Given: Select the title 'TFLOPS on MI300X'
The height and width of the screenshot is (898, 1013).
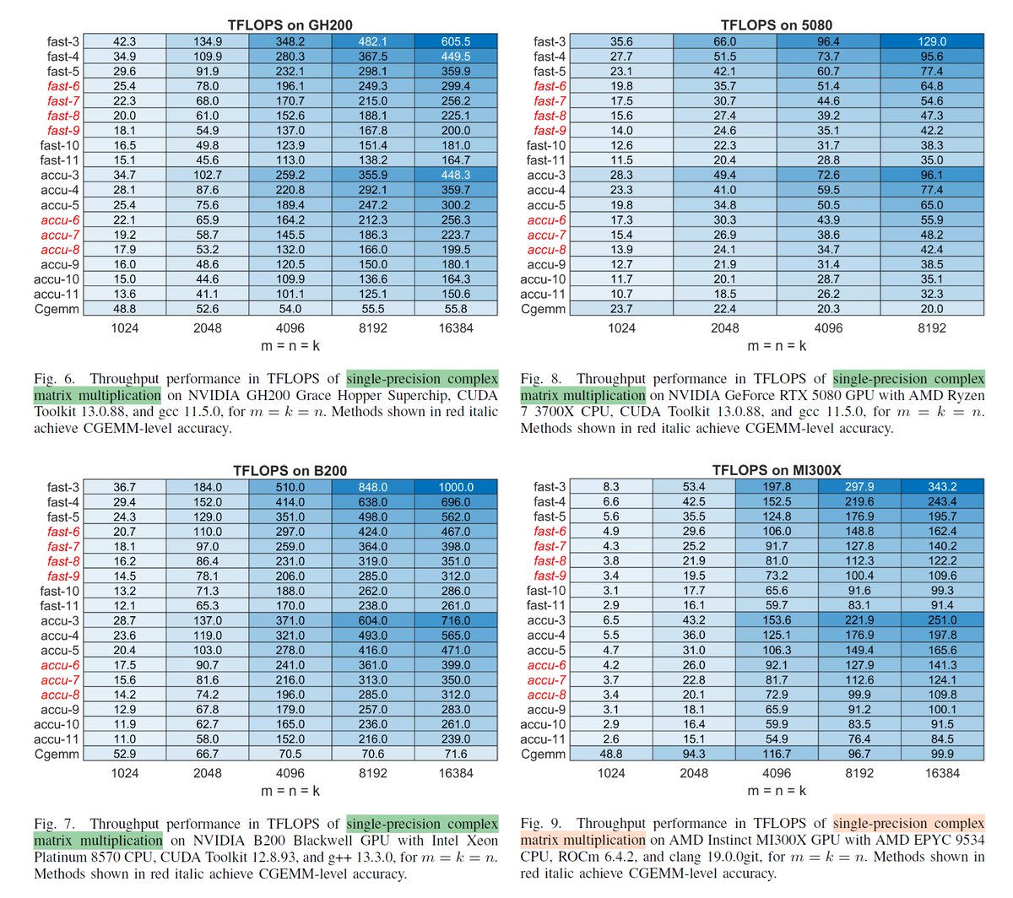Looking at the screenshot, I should point(777,470).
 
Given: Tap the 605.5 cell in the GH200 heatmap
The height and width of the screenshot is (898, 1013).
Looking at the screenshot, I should point(456,41).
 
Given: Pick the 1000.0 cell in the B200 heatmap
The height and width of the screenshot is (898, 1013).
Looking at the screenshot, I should point(456,487).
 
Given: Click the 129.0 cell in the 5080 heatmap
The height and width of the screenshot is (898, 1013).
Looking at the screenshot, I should point(932,41).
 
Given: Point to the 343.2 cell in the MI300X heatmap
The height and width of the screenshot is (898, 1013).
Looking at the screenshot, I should point(942,487).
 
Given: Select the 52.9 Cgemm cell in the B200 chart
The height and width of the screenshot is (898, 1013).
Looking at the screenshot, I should point(125,754).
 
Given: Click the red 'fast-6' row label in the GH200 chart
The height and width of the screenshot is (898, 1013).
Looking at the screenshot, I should point(64,86).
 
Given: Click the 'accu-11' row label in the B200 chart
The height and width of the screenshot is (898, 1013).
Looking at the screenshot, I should point(57,739).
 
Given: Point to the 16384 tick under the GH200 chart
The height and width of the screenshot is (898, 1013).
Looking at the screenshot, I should point(456,327).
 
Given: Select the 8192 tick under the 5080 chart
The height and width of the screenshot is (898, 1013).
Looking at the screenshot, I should point(932,327).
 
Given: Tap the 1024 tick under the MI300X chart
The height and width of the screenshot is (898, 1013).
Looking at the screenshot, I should point(611,772).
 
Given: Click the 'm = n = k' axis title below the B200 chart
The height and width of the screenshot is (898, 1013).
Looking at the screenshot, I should point(290,791).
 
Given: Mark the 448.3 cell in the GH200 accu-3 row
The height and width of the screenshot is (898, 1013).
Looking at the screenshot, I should point(456,175).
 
